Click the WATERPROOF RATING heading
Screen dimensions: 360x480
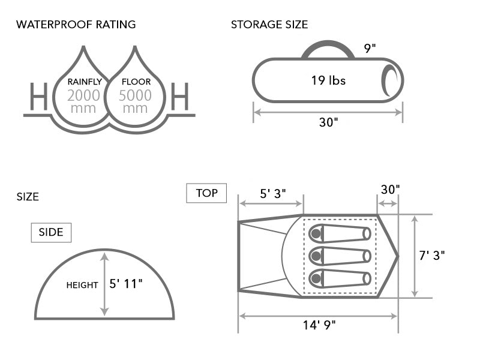point(76,25)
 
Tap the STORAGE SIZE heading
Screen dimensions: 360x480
point(269,25)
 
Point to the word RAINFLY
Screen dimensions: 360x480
point(84,82)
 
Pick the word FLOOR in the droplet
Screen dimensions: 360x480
point(136,82)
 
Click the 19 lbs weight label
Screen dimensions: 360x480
point(328,80)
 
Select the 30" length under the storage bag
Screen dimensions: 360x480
point(328,122)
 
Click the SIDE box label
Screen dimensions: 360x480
point(51,232)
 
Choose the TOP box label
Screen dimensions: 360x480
point(206,193)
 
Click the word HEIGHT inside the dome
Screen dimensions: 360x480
point(82,285)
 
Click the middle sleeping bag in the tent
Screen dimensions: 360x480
point(340,256)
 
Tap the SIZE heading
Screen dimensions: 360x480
point(28,197)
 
